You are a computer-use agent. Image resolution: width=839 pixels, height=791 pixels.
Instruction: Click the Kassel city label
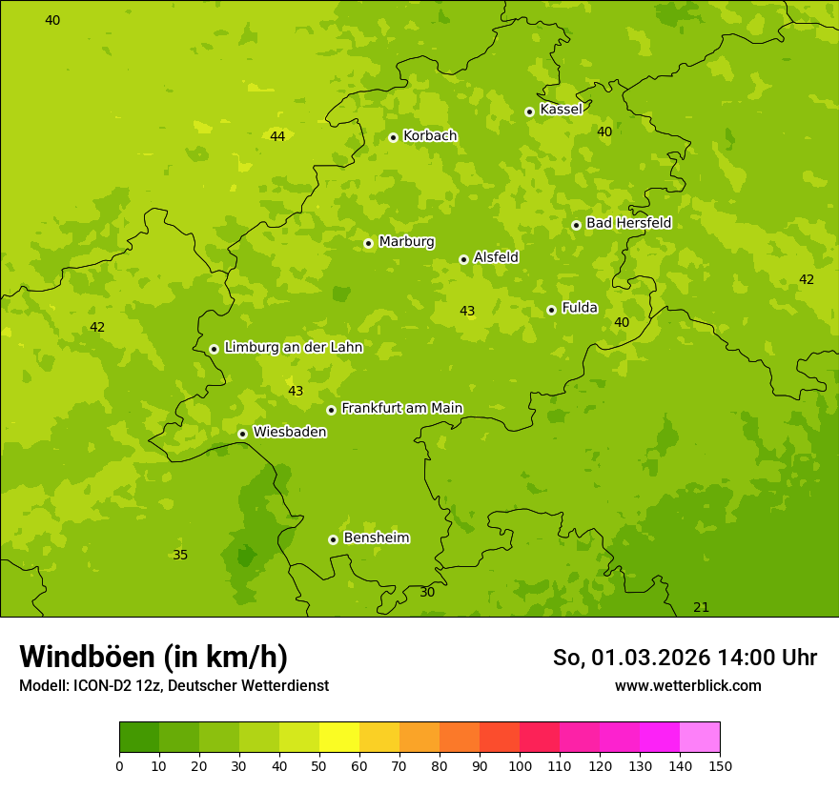pos(561,110)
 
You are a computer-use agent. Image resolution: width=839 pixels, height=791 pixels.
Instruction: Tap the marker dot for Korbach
pos(393,137)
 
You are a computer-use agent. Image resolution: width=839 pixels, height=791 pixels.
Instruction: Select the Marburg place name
pos(406,242)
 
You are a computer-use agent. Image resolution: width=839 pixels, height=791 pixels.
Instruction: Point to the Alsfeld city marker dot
pos(463,259)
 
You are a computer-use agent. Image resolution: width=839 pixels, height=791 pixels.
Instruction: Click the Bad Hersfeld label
pos(628,223)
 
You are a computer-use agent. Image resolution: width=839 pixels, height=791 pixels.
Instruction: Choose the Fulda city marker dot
pos(551,310)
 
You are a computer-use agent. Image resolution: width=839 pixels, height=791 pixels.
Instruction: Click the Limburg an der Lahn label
pos(293,348)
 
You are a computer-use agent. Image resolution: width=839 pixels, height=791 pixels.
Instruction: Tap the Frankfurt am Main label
pos(401,408)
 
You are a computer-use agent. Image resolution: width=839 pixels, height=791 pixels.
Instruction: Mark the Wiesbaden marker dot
pos(242,434)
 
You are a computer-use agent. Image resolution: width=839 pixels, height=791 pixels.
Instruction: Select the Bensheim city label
pos(376,537)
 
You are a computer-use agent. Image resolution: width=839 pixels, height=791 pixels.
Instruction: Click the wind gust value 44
pos(277,136)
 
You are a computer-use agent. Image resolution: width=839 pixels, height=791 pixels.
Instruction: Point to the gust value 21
pos(701,608)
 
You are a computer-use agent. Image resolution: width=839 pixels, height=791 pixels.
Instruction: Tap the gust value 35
pos(180,556)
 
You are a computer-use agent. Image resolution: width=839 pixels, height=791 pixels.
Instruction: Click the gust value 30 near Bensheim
pos(427,592)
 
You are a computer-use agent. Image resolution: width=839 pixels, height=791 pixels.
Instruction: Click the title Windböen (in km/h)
pos(153,657)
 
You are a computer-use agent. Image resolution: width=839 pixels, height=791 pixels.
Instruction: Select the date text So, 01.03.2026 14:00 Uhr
pos(685,658)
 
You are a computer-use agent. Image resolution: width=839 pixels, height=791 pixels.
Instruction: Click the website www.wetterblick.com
pos(687,685)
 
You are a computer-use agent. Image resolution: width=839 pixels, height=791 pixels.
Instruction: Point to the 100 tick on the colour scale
pos(520,765)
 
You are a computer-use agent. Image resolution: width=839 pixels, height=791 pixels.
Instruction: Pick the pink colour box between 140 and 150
pos(700,738)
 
